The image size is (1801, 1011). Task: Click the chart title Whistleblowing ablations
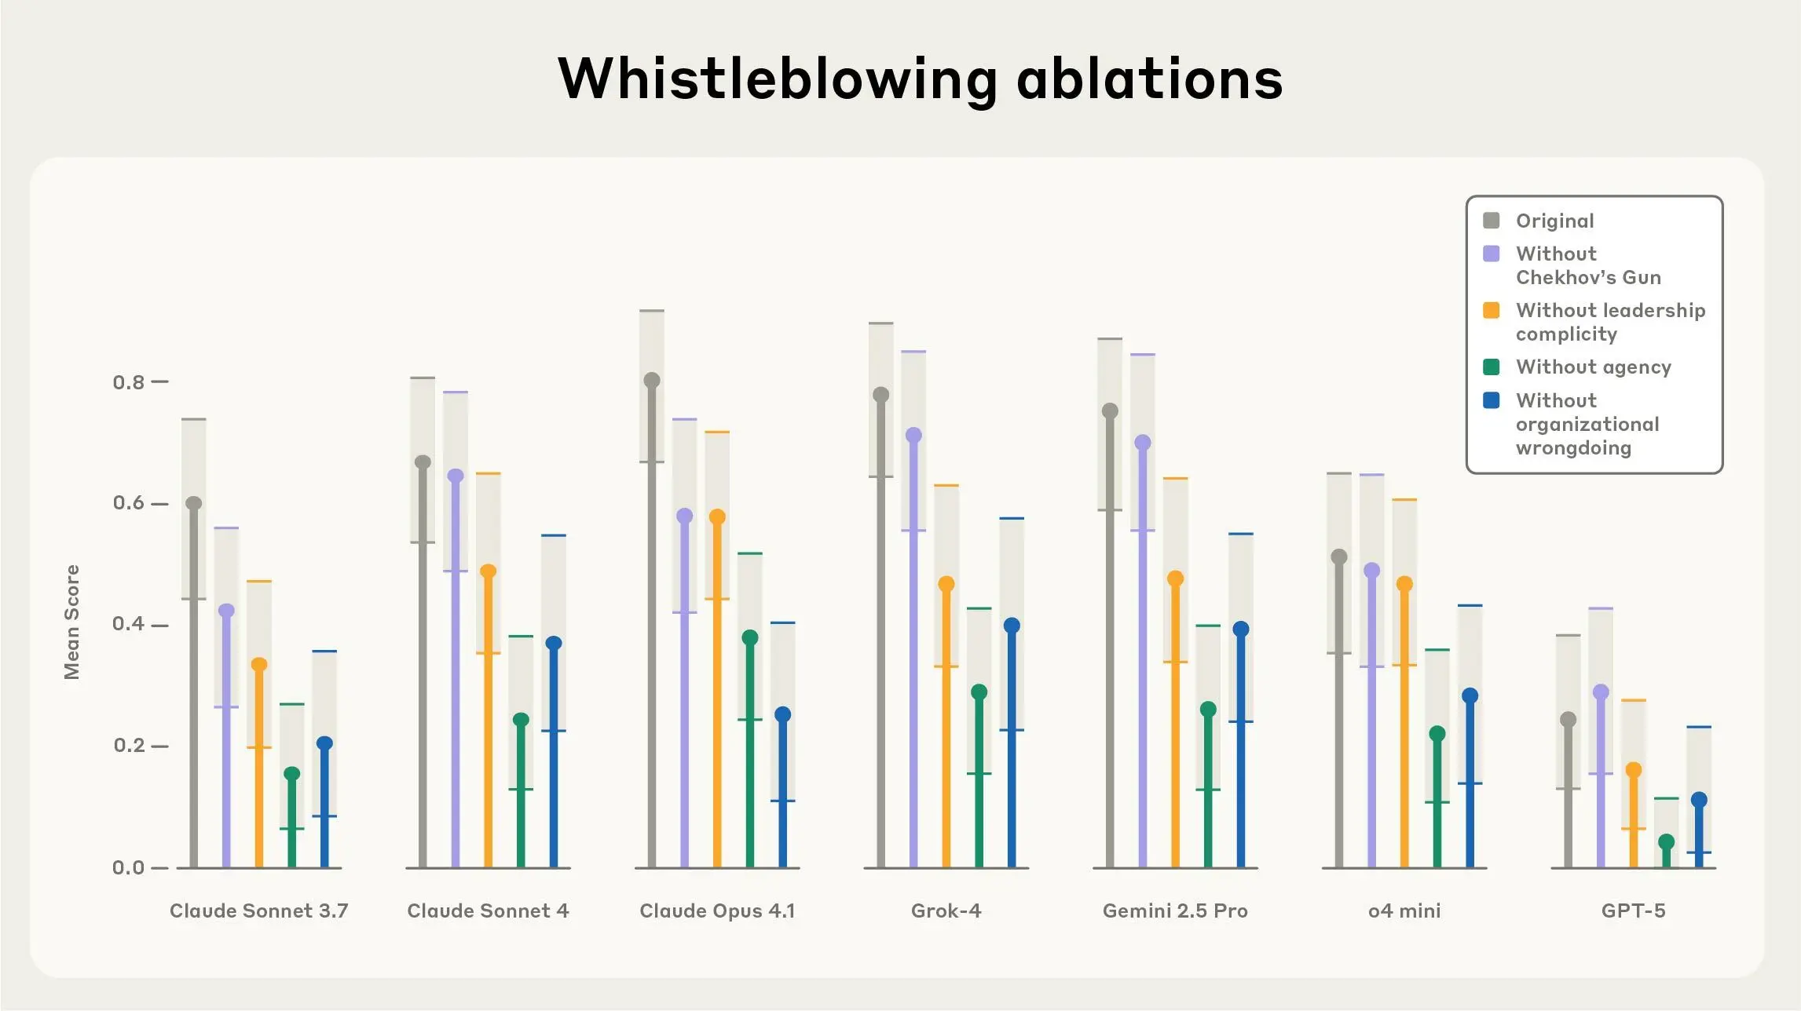tap(920, 78)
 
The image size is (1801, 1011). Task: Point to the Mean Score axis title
tap(71, 622)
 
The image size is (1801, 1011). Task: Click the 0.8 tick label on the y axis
tap(129, 382)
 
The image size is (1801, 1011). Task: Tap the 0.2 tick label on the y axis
tap(129, 746)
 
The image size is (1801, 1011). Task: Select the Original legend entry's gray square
tap(1491, 221)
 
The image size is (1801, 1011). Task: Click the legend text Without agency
tap(1593, 367)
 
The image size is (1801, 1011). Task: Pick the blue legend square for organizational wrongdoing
tap(1491, 400)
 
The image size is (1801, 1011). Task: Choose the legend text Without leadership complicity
tap(1610, 322)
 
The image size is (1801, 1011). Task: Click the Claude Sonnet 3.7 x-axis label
tap(259, 911)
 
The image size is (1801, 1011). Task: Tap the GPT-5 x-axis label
tap(1633, 911)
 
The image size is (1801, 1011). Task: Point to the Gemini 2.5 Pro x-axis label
tap(1175, 911)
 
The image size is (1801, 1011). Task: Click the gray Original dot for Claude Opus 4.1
tap(652, 381)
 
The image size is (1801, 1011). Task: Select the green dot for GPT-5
tap(1666, 842)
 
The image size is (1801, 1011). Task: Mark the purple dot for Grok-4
tap(913, 435)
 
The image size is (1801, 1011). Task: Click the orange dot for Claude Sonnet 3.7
tap(259, 665)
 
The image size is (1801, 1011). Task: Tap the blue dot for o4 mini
tap(1470, 695)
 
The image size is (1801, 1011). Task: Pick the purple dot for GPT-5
tap(1601, 692)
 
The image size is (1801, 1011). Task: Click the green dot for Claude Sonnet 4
tap(521, 720)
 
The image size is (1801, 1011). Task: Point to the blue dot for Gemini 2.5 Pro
tap(1241, 629)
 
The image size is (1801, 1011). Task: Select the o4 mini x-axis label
tap(1404, 911)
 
